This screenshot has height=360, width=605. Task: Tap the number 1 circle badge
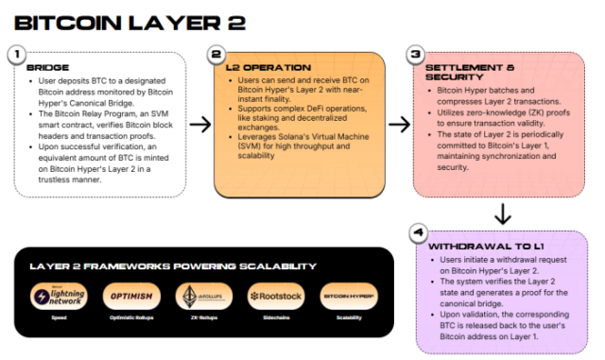click(17, 56)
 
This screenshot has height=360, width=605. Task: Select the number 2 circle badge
click(216, 56)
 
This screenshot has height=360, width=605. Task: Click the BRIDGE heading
click(47, 69)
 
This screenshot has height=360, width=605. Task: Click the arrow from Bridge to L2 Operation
click(200, 124)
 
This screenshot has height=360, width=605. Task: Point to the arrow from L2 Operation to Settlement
click(399, 124)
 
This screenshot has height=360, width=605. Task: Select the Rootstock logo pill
click(276, 297)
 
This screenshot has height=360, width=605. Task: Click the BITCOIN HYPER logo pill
click(348, 297)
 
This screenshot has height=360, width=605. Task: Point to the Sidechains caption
click(276, 318)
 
